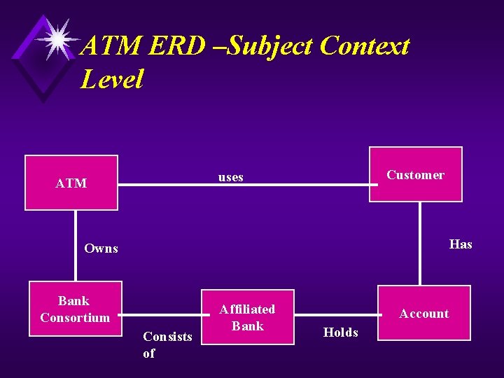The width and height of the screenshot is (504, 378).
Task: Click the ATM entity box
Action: [71, 183]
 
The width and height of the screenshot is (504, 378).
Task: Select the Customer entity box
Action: [416, 175]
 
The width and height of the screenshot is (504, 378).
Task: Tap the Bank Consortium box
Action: [74, 309]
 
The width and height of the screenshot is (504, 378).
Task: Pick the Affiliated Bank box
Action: [247, 317]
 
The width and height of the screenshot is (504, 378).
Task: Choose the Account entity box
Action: [424, 313]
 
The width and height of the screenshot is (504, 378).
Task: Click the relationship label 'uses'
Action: [231, 177]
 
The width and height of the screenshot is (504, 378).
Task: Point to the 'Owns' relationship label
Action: [101, 248]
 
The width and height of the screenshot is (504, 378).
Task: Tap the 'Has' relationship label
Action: [461, 244]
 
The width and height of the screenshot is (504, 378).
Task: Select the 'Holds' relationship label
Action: [341, 332]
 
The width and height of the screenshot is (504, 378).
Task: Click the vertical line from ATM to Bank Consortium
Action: [76, 245]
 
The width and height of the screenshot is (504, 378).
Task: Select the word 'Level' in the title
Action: [112, 78]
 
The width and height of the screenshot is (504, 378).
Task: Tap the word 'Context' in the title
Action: [364, 46]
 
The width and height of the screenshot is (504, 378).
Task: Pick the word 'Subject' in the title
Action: [270, 46]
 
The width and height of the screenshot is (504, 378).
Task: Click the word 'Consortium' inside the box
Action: [75, 318]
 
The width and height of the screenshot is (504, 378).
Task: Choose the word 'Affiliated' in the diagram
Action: [247, 309]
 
